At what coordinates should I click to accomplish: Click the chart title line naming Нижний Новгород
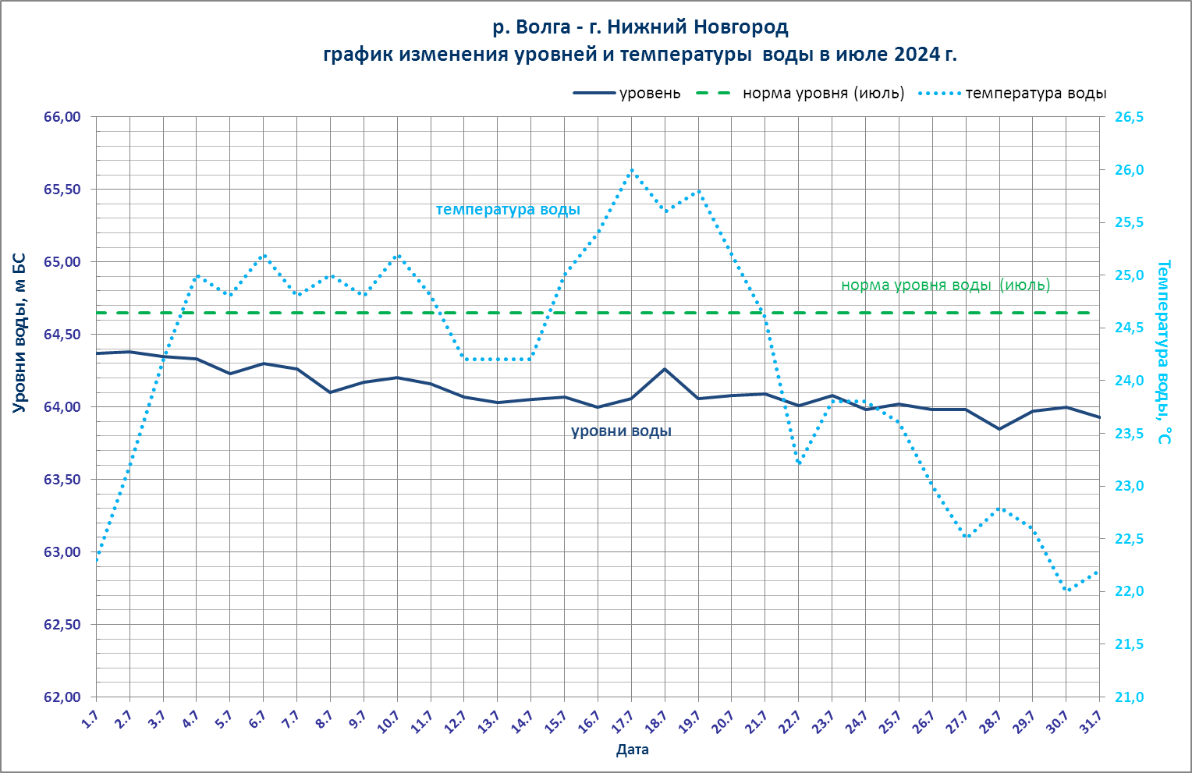coord(640,27)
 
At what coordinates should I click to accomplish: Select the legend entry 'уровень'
coord(649,94)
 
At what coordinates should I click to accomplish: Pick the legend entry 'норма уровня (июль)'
coord(823,94)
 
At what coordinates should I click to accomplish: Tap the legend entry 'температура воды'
coord(1036,94)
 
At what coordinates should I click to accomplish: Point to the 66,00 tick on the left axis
coord(62,117)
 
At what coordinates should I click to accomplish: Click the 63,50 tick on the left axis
coord(62,480)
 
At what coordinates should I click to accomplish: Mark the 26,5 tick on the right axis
coord(1129,117)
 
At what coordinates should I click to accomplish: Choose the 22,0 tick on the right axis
coord(1129,591)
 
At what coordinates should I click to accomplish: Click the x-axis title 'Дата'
coord(632,750)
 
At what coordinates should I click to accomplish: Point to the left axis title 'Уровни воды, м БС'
coord(20,333)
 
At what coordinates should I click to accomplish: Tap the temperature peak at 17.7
coord(631,169)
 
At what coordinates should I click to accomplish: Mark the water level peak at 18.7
coord(665,368)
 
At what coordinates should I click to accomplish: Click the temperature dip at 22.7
coord(799,464)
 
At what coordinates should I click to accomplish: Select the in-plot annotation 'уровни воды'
coord(621,431)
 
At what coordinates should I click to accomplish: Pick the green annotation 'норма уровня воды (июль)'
coord(945,285)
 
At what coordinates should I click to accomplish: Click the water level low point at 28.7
coord(999,429)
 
